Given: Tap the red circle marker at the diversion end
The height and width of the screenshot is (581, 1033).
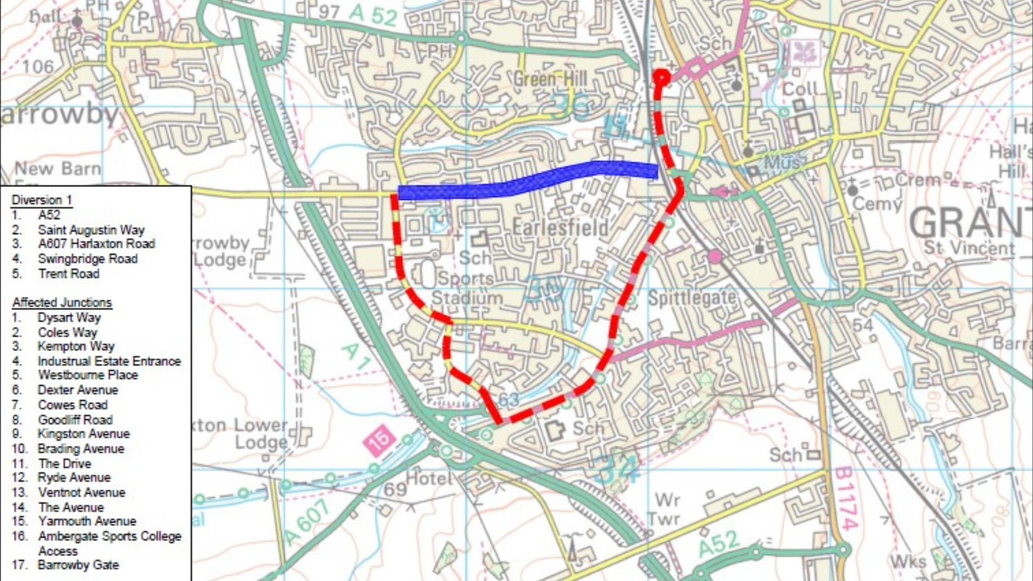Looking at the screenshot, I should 661,79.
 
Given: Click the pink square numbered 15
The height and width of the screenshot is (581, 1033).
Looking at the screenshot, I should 379,440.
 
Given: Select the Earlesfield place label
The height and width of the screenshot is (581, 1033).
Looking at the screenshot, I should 560,228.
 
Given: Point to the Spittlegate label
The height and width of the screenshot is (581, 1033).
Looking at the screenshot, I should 691,297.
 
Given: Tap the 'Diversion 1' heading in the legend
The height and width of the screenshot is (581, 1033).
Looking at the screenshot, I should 42,200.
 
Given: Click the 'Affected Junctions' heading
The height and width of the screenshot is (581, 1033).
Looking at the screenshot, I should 62,302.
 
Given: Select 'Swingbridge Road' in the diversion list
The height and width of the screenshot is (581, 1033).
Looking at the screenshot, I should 88,259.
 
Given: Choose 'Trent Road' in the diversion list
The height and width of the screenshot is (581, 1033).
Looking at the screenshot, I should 69,274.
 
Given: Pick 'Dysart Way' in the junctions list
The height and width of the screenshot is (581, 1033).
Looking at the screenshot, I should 69,317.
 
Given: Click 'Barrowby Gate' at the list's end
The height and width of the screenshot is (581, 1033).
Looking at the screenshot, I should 78,565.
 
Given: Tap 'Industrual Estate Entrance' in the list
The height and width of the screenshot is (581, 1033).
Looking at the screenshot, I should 109,361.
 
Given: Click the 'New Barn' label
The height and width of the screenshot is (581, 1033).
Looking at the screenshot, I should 58,169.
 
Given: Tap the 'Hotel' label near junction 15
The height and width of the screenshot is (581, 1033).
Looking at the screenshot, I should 429,478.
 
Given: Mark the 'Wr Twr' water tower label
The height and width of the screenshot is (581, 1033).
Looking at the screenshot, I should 666,510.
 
